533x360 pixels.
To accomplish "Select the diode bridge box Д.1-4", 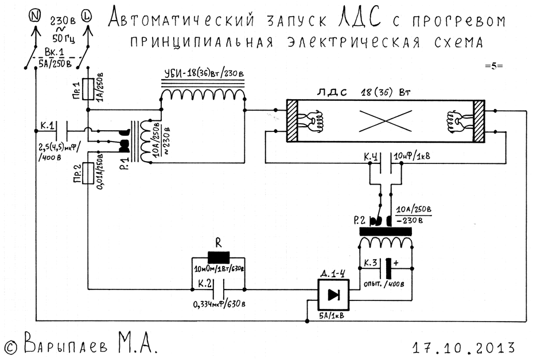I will click(333, 295).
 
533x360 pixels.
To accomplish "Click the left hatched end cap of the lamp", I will click(292, 122).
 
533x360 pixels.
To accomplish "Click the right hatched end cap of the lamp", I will click(478, 122).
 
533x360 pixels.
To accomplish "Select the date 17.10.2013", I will click(463, 347).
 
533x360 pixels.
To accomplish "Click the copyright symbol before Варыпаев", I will click(10, 346).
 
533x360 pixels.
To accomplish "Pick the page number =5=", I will click(493, 65).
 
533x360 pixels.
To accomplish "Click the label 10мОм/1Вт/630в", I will click(219, 268).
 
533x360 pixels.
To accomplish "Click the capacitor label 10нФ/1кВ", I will click(411, 156).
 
